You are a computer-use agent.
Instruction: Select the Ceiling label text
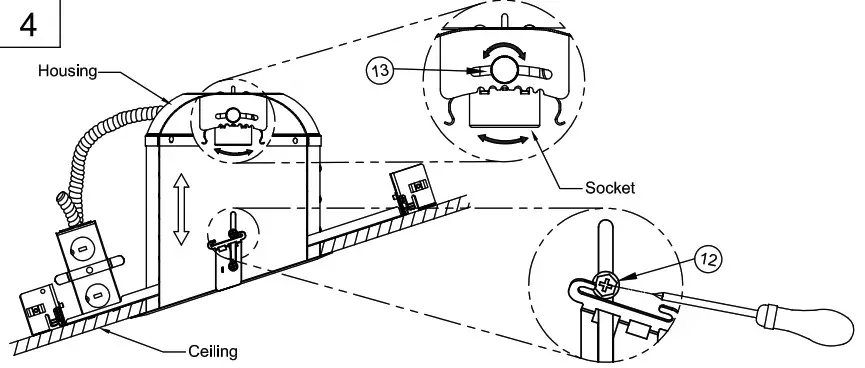click(x=212, y=352)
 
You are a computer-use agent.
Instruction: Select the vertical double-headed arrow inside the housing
click(x=181, y=208)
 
